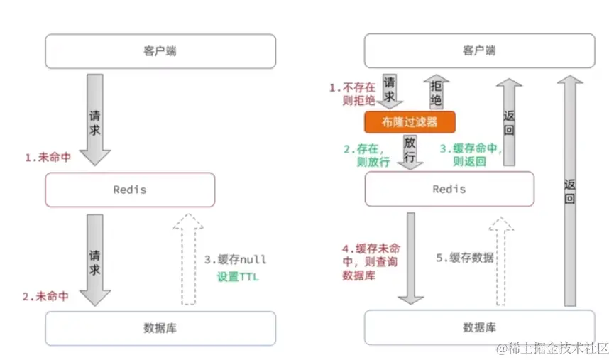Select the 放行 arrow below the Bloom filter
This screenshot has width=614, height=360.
410,151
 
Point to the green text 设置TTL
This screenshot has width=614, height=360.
238,277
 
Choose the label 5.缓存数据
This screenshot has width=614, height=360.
464,257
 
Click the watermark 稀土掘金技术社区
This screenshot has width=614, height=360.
553,348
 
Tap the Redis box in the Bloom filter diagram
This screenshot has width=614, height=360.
449,189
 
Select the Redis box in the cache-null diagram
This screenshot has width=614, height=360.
129,190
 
